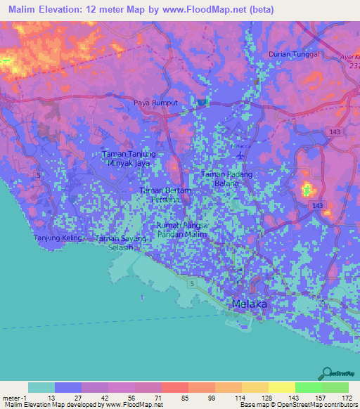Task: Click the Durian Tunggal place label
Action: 295,54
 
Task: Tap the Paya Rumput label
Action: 156,103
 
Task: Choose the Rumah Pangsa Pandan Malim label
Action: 181,229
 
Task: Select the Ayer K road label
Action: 349,55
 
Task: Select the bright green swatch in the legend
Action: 308,387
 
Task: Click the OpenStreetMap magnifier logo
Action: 325,372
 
